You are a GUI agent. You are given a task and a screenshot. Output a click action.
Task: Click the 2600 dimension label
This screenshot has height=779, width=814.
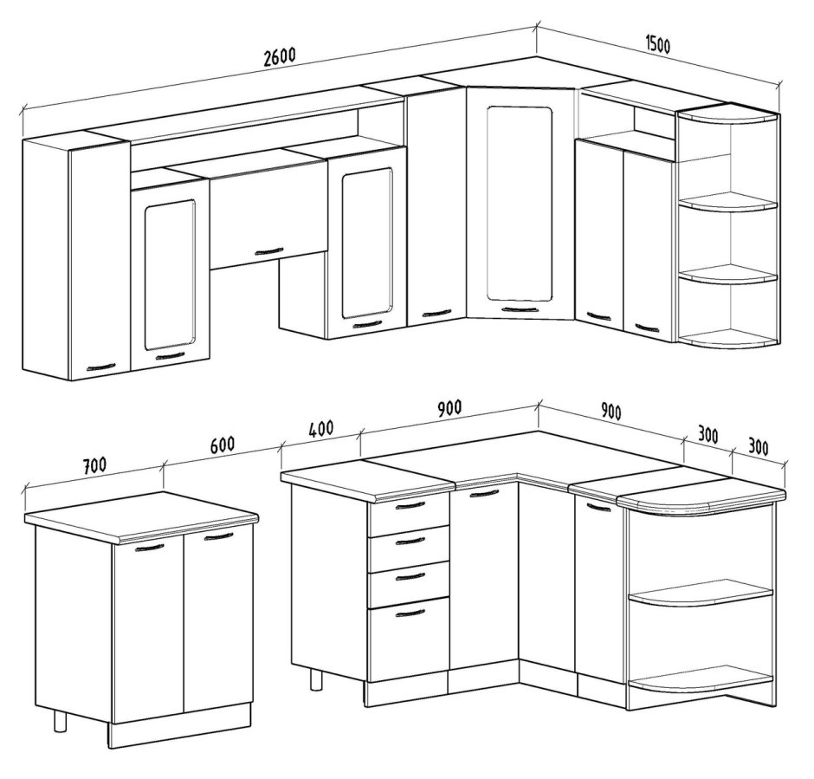pyautogui.click(x=280, y=56)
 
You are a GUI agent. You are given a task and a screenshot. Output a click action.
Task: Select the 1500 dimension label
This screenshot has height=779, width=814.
pyautogui.click(x=657, y=45)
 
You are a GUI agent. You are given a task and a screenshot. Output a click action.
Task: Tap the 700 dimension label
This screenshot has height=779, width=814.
pyautogui.click(x=94, y=464)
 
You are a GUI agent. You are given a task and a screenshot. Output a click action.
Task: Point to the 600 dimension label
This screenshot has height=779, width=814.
pyautogui.click(x=223, y=444)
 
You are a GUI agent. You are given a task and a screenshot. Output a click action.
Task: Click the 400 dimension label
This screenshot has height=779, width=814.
pyautogui.click(x=320, y=429)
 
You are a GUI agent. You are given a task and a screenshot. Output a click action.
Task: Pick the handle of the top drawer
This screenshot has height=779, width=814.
pyautogui.click(x=410, y=505)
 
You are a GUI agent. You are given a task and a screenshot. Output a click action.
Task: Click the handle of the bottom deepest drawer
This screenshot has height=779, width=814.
pyautogui.click(x=410, y=614)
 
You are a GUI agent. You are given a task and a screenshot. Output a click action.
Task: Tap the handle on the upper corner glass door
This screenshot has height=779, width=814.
pyautogui.click(x=520, y=309)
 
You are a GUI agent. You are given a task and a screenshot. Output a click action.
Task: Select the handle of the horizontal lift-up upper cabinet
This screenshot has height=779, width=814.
pyautogui.click(x=269, y=252)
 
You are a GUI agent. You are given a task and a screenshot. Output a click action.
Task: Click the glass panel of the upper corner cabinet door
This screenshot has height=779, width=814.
pyautogui.click(x=520, y=203)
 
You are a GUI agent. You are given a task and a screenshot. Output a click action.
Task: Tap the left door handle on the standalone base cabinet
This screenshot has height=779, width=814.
pyautogui.click(x=149, y=548)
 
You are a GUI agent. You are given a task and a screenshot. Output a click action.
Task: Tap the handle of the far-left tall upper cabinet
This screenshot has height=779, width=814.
pyautogui.click(x=100, y=367)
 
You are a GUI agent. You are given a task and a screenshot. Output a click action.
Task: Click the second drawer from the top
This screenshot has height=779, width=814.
pyautogui.click(x=409, y=544)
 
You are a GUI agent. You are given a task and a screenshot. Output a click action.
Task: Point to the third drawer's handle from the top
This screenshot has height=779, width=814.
pyautogui.click(x=410, y=578)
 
